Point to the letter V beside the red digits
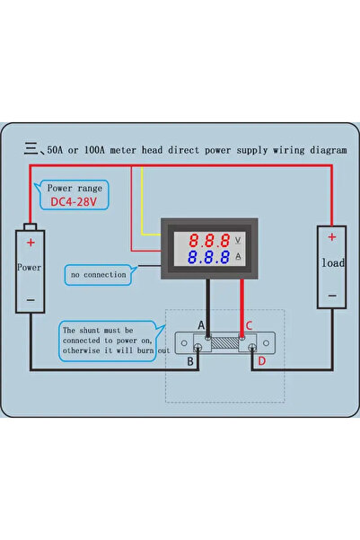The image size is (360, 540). coord(238,240)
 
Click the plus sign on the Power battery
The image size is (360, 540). coord(31,243)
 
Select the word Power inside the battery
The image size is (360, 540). coord(31,268)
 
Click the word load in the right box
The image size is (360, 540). coord(331,264)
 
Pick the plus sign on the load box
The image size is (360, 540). coord(331,237)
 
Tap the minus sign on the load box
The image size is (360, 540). coord(331,295)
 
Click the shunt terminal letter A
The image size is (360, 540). coord(201,325)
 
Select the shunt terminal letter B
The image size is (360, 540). coord(189,361)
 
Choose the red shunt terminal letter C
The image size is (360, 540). coord(250,325)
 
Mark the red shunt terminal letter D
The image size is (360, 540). coord(261,361)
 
